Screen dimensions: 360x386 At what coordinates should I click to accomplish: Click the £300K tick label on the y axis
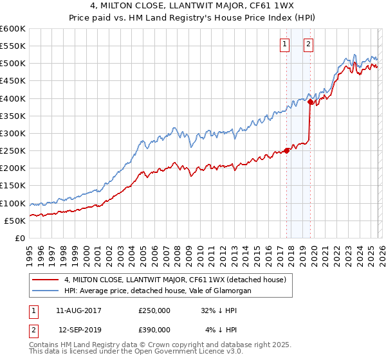click(13, 134)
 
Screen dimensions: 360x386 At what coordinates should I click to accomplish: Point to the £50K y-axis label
click(15, 221)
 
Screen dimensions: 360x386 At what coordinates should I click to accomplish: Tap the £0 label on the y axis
click(19, 239)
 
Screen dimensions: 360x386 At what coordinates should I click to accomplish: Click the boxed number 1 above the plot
click(284, 44)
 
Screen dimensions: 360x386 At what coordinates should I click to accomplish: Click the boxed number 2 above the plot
click(308, 44)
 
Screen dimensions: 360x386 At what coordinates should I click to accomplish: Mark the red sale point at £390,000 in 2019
click(310, 102)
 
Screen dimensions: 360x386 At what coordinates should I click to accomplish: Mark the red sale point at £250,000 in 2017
click(286, 150)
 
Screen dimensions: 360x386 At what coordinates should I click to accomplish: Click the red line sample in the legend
click(46, 279)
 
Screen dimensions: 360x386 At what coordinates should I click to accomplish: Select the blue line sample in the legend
click(46, 291)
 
